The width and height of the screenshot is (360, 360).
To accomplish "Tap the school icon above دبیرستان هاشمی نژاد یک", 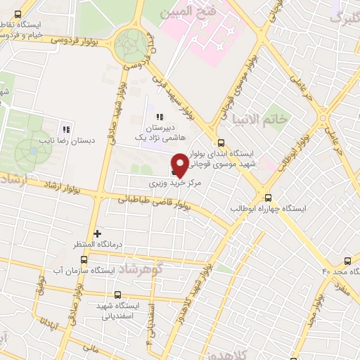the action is (160, 117).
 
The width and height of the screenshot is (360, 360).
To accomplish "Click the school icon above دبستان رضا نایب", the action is (67, 129).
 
